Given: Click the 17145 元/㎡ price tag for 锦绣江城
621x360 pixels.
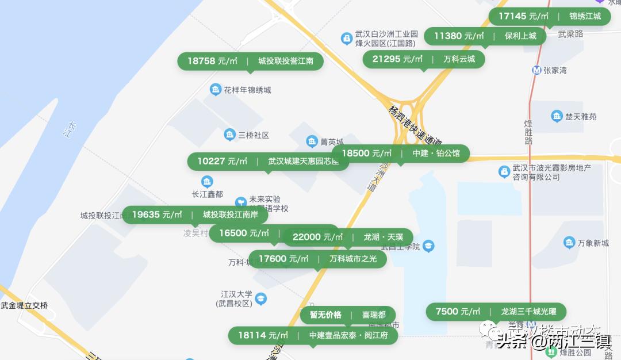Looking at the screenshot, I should pos(549,16).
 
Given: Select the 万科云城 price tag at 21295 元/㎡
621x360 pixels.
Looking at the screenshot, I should pos(423,59).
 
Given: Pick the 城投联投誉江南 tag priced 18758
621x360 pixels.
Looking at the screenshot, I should pos(250,61).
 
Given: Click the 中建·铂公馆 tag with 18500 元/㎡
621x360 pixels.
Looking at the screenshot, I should pos(400,154).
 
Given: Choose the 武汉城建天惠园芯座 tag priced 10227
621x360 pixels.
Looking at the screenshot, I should pos(268,161).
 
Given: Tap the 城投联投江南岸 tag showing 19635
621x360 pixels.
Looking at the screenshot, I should pos(195,215).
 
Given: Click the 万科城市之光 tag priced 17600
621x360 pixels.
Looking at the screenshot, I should pos(317,259).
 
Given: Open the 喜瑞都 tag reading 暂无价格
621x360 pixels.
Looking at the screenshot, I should pos(347,315).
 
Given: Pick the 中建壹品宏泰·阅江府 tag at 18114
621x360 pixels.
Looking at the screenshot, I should pos(313,335).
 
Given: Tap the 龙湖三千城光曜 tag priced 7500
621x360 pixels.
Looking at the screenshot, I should pos(496,312).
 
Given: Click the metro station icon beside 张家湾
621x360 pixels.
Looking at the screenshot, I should pos(536,70).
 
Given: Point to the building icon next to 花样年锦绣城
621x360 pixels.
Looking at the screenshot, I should pos(216,90).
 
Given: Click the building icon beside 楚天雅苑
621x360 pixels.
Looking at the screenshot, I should pos(557,116).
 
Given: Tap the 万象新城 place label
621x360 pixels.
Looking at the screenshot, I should pos(594,243).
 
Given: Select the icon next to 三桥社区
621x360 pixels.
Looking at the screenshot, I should pos(230,135).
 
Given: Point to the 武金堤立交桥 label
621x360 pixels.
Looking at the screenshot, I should pos(24,305).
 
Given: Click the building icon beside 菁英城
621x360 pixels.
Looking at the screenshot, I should pos(312,141).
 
